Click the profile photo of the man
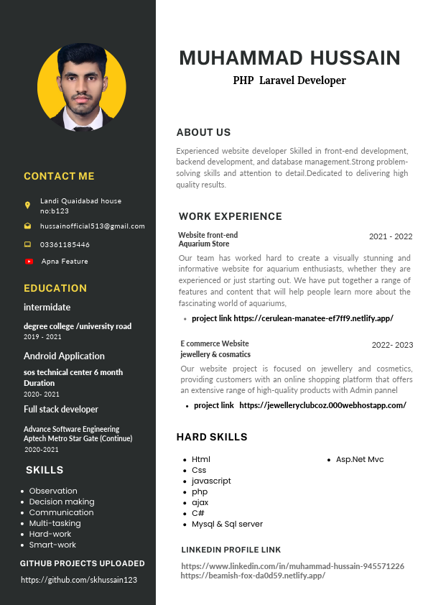pyautogui.click(x=81, y=87)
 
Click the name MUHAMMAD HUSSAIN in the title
pyautogui.click(x=289, y=58)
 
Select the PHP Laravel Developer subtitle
pyautogui.click(x=289, y=80)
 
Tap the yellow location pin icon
pyautogui.click(x=28, y=205)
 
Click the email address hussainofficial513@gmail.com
pyautogui.click(x=92, y=226)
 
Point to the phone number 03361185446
pyautogui.click(x=65, y=244)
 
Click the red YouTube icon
pyautogui.click(x=29, y=262)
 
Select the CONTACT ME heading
pyautogui.click(x=59, y=176)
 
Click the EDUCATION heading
pyautogui.click(x=55, y=288)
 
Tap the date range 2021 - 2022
pyautogui.click(x=391, y=236)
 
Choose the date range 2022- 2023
pyautogui.click(x=392, y=345)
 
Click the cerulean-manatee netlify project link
pyautogui.click(x=292, y=318)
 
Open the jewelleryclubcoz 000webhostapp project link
pyautogui.click(x=300, y=405)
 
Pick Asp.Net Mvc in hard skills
pyautogui.click(x=360, y=459)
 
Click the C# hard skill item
pyautogui.click(x=198, y=513)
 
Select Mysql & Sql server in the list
pyautogui.click(x=227, y=524)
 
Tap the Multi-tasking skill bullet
pyautogui.click(x=55, y=523)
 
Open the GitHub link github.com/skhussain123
pyautogui.click(x=79, y=580)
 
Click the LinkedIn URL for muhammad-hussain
pyautogui.click(x=292, y=566)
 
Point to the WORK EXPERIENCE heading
pyautogui.click(x=231, y=216)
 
